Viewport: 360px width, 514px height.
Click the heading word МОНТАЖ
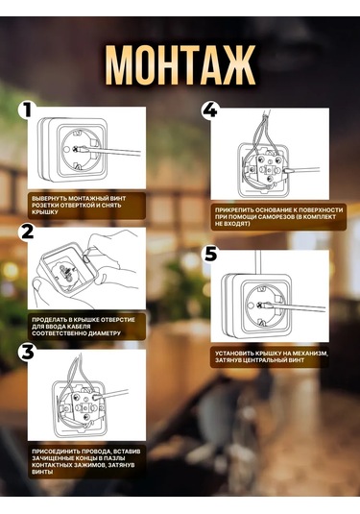tap(180, 65)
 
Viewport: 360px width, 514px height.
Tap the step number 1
tap(26, 110)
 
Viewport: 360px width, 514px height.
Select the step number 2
tap(28, 232)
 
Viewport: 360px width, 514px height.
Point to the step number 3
tap(28, 352)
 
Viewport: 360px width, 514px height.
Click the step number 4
tap(209, 110)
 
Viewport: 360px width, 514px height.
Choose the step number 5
tap(210, 254)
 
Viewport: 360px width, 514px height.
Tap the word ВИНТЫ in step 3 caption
tap(42, 472)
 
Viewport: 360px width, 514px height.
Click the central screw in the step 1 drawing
tap(78, 149)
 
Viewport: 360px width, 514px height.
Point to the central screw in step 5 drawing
tap(261, 305)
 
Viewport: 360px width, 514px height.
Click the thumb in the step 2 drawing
tap(39, 288)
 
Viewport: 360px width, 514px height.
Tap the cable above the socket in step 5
tap(258, 262)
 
